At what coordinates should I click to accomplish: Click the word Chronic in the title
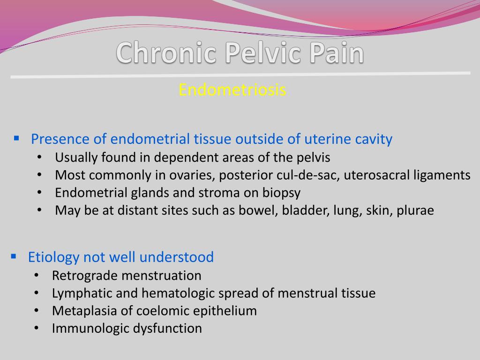[166, 53]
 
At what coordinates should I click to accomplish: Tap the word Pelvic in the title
[264, 53]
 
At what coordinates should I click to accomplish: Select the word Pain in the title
[336, 53]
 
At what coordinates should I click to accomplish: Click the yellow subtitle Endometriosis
[232, 90]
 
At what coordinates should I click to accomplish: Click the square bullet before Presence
[16, 138]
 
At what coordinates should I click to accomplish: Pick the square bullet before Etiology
[14, 256]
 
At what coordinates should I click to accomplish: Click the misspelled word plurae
[415, 210]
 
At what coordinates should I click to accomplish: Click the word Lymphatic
[78, 293]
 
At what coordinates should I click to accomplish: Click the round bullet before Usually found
[39, 157]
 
